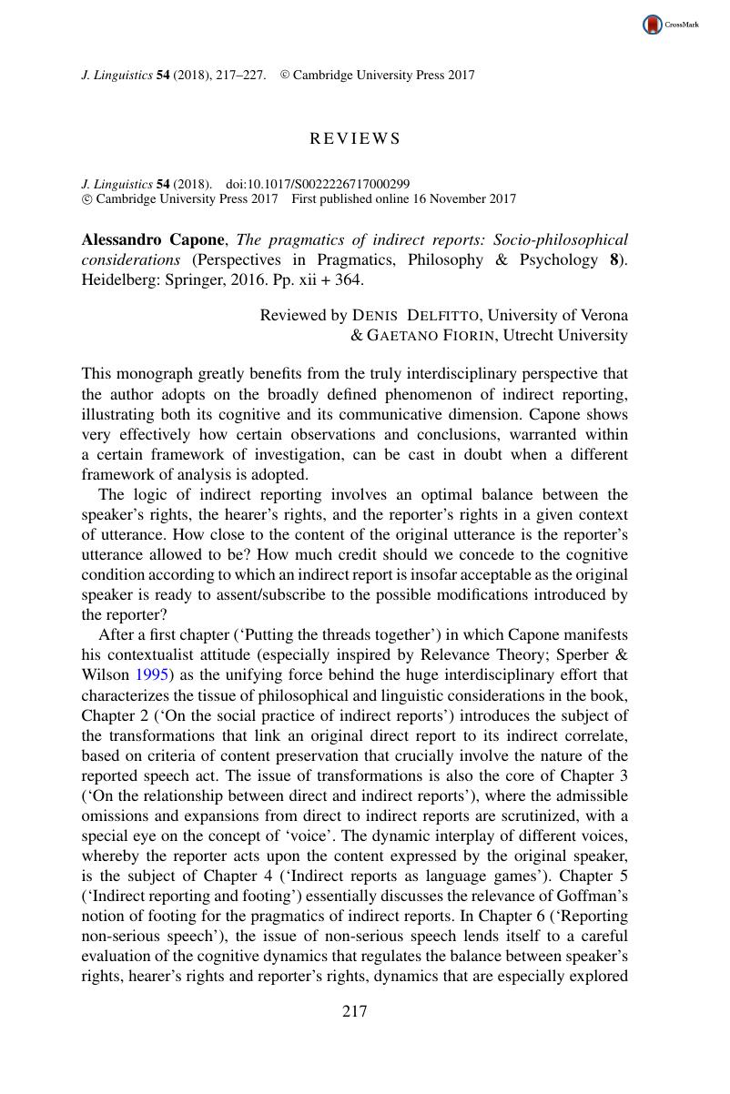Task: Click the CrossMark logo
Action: [x=671, y=25]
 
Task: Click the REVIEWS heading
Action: [x=355, y=139]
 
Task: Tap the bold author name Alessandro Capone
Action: [x=154, y=240]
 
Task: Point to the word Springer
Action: [x=181, y=280]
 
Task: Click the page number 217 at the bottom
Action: [x=354, y=1011]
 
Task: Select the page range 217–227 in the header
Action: [x=240, y=76]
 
